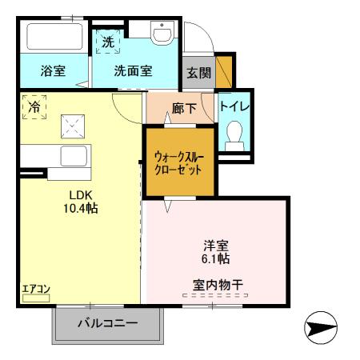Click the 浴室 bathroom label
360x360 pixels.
(x=53, y=70)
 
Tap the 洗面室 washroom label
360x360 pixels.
(x=134, y=70)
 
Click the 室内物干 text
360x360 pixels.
(x=216, y=283)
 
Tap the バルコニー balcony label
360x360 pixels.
(x=108, y=323)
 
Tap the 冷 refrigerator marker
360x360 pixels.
(x=35, y=106)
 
